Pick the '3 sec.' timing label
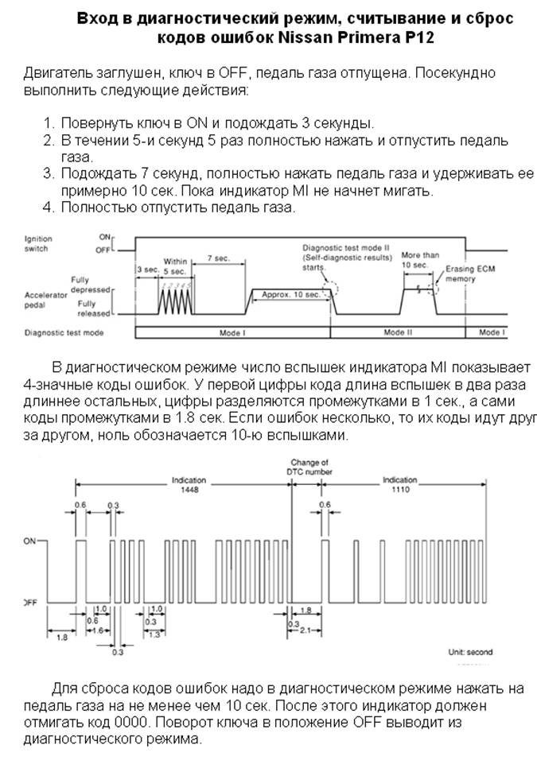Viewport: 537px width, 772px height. [146, 270]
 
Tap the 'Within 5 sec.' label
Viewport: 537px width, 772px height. [175, 266]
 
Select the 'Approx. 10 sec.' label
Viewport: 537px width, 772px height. [291, 294]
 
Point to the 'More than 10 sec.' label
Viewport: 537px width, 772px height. [416, 258]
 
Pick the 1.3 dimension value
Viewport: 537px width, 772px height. [153, 635]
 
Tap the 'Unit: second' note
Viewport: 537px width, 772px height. [470, 652]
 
